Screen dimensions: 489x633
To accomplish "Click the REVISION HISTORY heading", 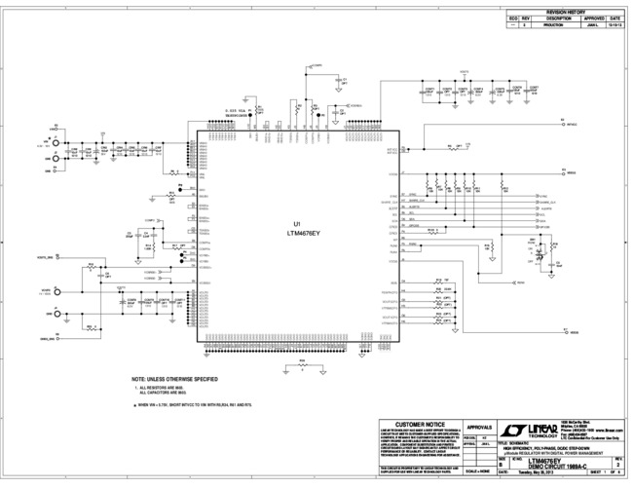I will [566, 11].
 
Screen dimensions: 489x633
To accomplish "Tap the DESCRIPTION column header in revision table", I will [558, 18].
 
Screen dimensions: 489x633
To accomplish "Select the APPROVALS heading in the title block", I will [480, 426].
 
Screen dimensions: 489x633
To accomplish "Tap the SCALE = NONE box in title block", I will [478, 472].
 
